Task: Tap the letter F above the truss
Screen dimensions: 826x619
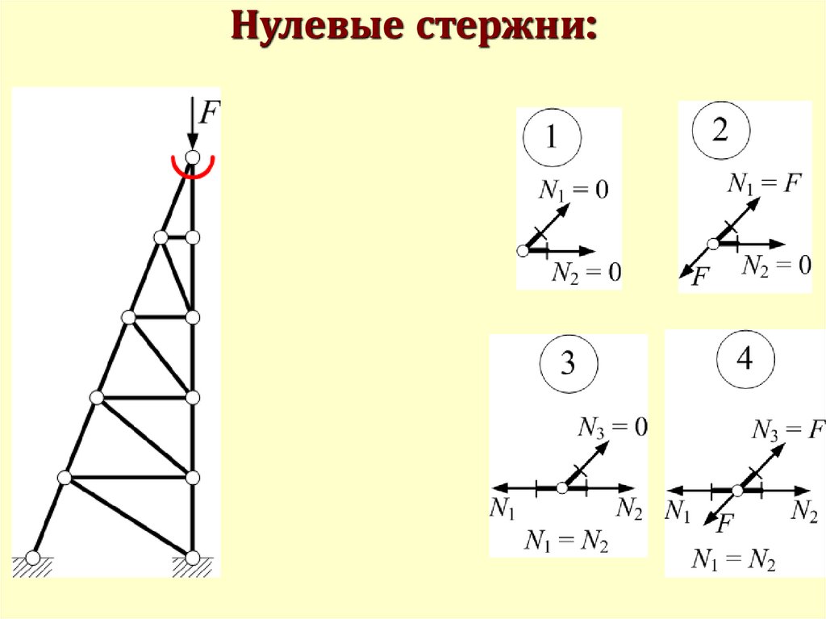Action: [x=209, y=112]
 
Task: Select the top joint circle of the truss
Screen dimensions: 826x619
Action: [x=192, y=157]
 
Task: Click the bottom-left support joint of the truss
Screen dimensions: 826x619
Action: [x=33, y=557]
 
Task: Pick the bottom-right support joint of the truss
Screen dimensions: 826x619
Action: [x=192, y=557]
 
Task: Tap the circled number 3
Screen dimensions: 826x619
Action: [x=568, y=365]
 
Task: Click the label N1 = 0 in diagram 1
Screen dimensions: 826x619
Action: [x=574, y=190]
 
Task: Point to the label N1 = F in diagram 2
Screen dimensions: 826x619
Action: [x=763, y=184]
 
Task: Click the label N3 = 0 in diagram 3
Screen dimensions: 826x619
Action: [x=613, y=428]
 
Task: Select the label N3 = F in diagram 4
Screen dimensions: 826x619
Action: [x=786, y=429]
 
